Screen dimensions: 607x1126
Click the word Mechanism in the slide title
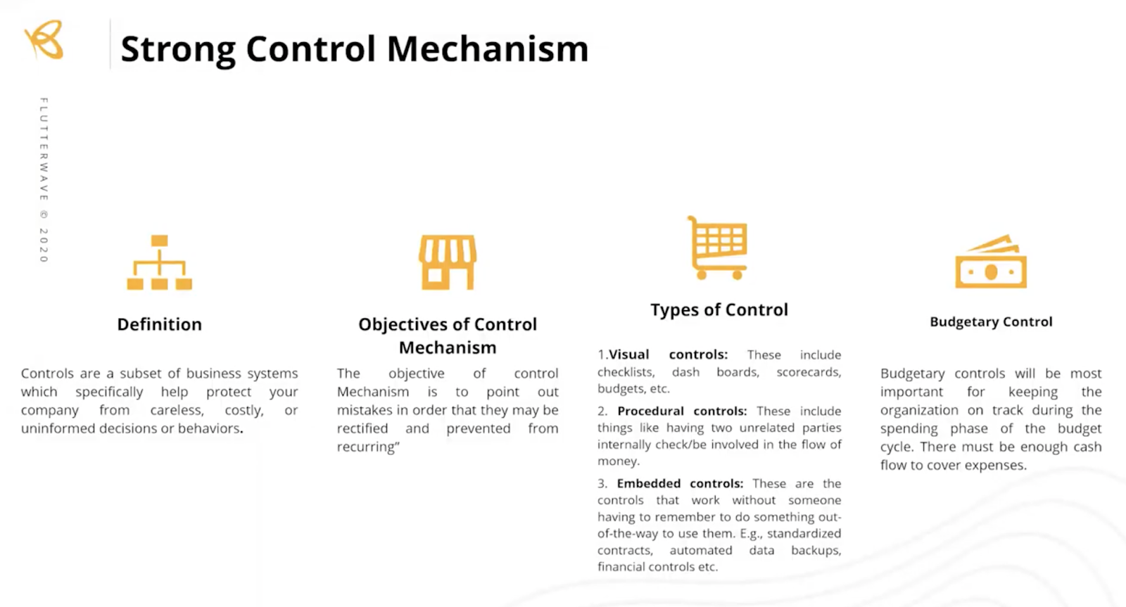coord(487,49)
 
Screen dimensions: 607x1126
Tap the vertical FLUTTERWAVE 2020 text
coord(44,180)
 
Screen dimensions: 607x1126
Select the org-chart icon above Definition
coord(160,262)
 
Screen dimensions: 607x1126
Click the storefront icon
coord(448,262)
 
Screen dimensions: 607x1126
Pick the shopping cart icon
coord(718,248)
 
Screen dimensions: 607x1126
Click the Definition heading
coord(160,324)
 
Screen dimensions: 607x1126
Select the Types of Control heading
coord(719,310)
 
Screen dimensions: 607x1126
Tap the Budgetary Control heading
coord(991,322)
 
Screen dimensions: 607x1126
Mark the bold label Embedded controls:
coord(680,483)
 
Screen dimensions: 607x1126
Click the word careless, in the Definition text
coord(177,410)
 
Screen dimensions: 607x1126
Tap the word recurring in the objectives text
coord(366,447)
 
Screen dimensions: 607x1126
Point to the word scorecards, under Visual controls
coord(809,372)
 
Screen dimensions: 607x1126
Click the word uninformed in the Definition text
coord(60,428)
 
